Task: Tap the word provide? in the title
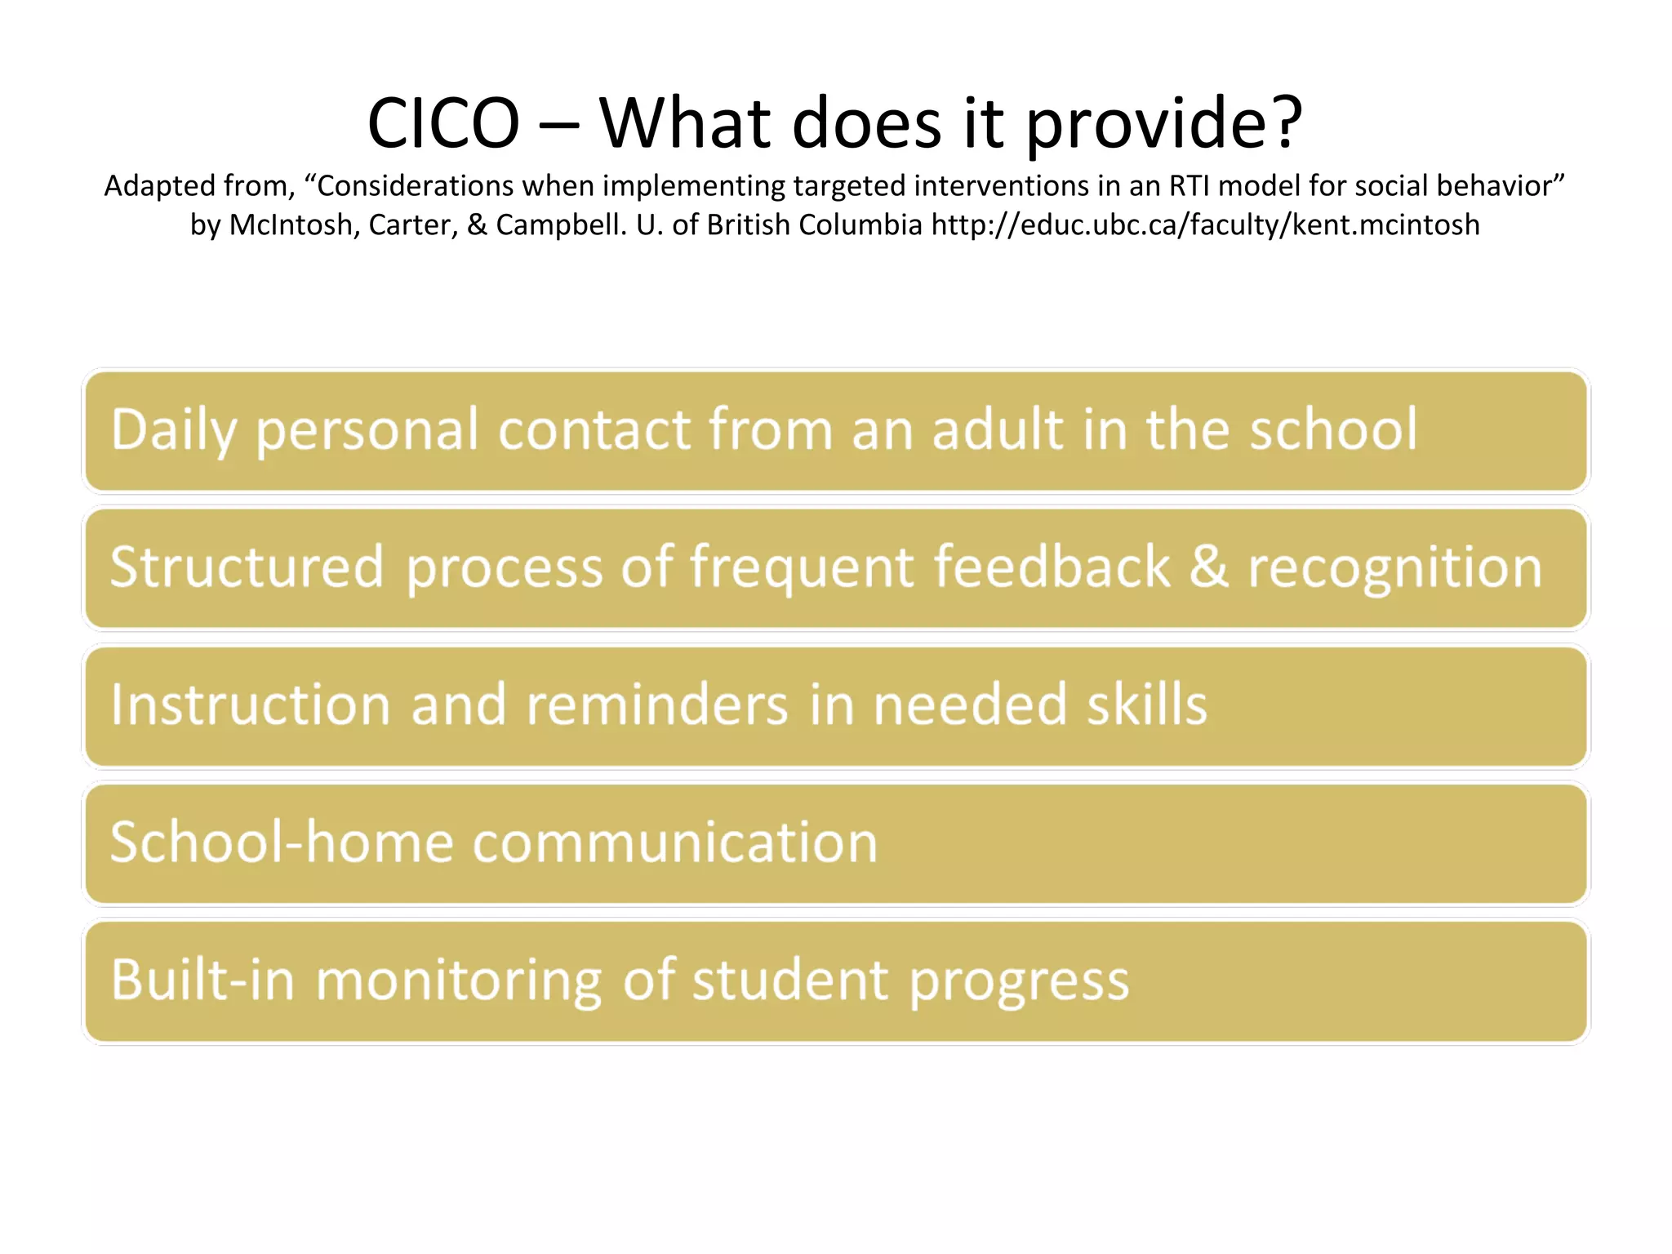pos(1163,124)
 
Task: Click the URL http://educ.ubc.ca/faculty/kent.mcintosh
pos(1205,225)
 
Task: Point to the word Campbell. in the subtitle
pos(562,225)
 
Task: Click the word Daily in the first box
pos(174,430)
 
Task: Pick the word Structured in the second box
pos(247,567)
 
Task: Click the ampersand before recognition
pos(1208,567)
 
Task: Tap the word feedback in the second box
pos(1052,567)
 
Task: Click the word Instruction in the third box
pos(251,705)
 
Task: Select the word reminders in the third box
pos(657,705)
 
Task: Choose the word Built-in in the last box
pos(202,979)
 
